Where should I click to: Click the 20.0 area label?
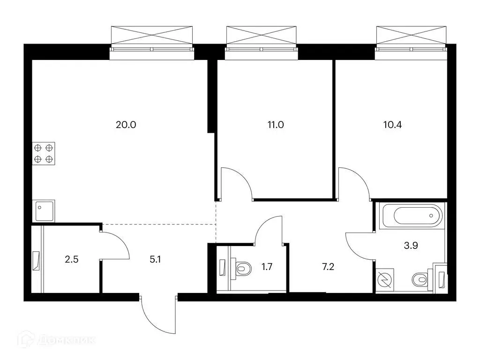(x=126, y=125)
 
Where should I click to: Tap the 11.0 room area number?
(x=276, y=125)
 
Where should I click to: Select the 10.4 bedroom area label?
(x=392, y=125)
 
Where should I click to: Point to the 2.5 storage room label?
(x=72, y=260)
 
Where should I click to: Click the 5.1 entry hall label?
(x=155, y=260)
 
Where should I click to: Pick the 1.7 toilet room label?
(x=267, y=267)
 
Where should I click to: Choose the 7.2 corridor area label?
(x=328, y=267)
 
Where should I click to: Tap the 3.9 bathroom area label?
(x=411, y=246)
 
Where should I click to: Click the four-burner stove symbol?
(x=44, y=153)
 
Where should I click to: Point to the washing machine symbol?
(x=385, y=279)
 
